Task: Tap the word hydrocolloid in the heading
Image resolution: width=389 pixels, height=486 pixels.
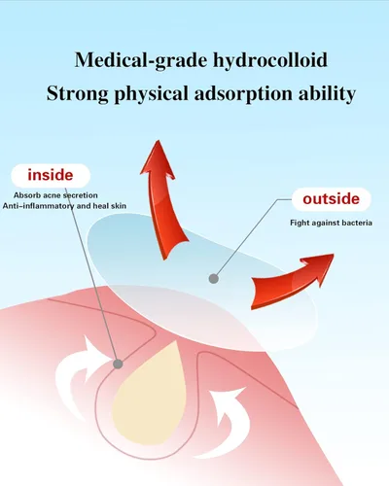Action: [x=270, y=60]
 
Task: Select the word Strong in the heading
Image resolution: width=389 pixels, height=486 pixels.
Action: [x=78, y=93]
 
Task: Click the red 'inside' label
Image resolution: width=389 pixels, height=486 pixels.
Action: [x=51, y=175]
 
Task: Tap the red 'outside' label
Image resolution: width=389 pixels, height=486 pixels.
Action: [x=331, y=198]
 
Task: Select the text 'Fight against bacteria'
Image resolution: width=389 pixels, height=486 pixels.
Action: [x=331, y=223]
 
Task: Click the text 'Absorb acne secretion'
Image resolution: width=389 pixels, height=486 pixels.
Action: [x=55, y=195]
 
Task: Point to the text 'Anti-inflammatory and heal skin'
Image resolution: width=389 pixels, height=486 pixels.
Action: [x=64, y=206]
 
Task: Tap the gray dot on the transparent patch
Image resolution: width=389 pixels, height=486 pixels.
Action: [x=213, y=278]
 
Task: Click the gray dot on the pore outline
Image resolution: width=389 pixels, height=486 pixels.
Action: [x=118, y=364]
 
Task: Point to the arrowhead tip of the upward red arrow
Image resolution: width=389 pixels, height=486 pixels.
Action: [x=159, y=140]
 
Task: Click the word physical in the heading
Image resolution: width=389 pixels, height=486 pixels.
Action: [x=152, y=94]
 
